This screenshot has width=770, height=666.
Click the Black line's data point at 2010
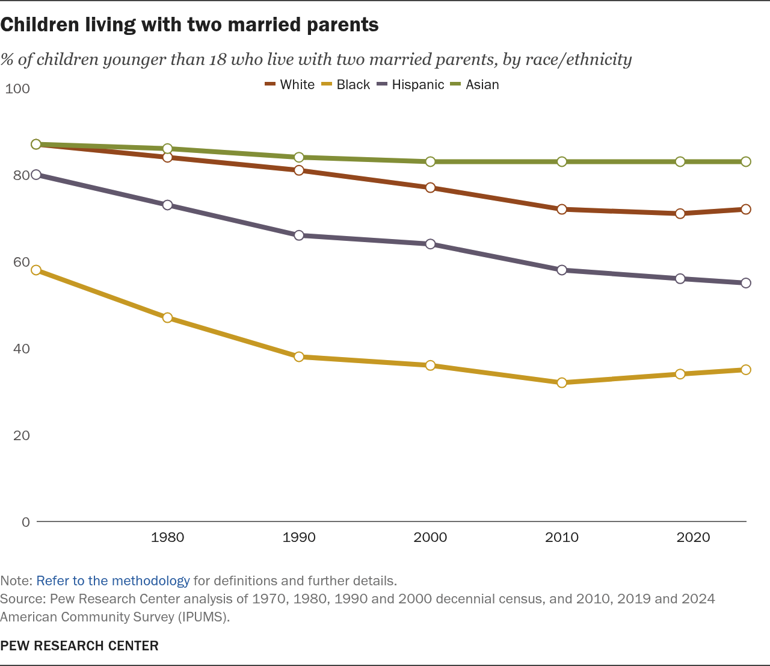tap(562, 382)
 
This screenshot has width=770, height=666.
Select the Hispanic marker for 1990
tap(299, 235)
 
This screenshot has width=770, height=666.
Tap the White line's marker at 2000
tap(430, 188)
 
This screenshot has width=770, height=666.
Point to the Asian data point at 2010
tap(562, 161)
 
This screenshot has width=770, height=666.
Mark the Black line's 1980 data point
tap(168, 317)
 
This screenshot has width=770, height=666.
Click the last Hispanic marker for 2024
tap(746, 283)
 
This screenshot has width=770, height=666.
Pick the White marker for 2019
tap(680, 214)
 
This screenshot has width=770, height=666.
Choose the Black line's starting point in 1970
tap(36, 270)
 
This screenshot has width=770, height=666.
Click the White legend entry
tap(290, 85)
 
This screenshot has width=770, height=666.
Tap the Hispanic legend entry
tap(411, 85)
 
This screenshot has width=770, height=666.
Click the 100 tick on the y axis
tap(17, 89)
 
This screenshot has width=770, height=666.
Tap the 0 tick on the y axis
tap(25, 522)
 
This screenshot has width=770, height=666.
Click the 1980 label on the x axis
tap(168, 538)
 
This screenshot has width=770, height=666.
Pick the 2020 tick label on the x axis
tap(693, 538)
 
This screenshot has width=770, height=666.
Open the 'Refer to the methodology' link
tap(113, 581)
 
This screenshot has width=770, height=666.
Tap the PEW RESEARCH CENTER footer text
tap(79, 646)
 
